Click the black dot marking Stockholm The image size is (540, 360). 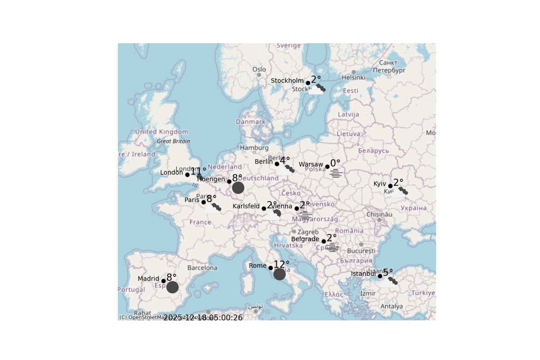point(308,83)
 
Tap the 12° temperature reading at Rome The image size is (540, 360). point(282,265)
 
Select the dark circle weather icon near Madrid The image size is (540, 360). point(172,287)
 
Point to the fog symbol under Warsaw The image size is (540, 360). point(336,173)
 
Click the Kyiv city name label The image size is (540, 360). point(380,184)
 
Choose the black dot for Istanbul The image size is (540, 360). point(380,276)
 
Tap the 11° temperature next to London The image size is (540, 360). point(198,171)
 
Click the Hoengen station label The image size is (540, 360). point(211,179)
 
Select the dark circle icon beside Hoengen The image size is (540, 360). point(238,188)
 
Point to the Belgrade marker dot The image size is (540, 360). point(324,241)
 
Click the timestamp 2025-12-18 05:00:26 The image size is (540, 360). point(203,318)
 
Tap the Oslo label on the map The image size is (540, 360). point(259,69)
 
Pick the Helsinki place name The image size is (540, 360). point(353,77)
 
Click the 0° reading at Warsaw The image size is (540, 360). point(335,163)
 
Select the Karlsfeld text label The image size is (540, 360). point(246,207)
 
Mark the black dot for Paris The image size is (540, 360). point(203,202)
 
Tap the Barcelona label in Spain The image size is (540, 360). point(202,268)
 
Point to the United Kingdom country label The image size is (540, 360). point(162,132)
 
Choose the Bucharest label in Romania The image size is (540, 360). point(361,251)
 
